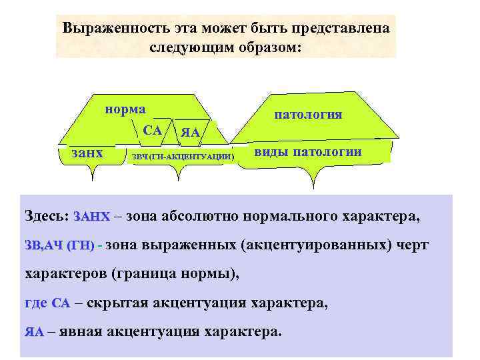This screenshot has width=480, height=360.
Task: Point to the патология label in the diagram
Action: click(x=308, y=114)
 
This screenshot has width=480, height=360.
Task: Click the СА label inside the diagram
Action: click(x=152, y=130)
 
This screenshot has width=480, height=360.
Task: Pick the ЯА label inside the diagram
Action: click(x=191, y=133)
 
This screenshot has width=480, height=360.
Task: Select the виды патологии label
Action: click(x=308, y=151)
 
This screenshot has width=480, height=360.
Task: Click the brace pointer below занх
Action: click(x=92, y=175)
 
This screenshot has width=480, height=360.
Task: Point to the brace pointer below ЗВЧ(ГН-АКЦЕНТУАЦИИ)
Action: click(x=179, y=175)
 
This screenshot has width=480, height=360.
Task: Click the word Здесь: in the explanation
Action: click(x=47, y=217)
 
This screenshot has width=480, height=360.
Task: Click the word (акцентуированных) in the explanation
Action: click(x=312, y=245)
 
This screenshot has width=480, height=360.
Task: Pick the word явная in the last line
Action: click(x=81, y=331)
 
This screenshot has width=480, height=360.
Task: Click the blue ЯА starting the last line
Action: click(x=34, y=332)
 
